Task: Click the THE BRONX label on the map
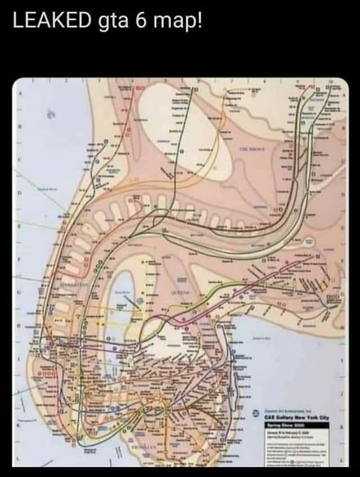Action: click(251, 149)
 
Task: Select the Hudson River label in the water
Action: click(49, 189)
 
